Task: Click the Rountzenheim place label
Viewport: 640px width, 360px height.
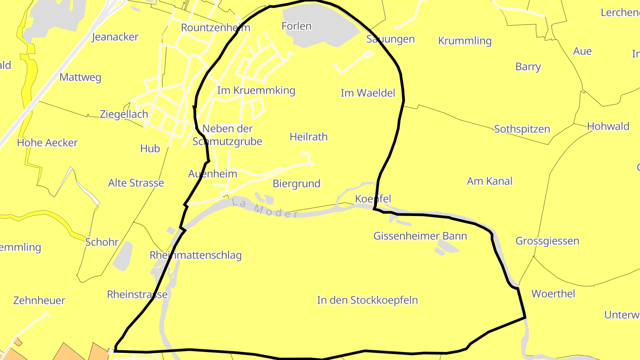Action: [216, 28]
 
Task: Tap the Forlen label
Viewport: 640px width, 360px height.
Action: [296, 26]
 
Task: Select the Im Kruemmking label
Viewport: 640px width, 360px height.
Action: [256, 91]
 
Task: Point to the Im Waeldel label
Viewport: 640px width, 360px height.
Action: [368, 93]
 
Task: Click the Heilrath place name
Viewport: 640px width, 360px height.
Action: [308, 137]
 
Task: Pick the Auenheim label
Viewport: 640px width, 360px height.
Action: [212, 174]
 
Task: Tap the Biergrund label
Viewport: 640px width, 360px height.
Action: [296, 184]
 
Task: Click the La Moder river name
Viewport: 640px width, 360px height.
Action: [265, 208]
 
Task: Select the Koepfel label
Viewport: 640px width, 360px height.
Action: [373, 199]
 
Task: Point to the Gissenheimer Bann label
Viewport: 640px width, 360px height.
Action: [420, 236]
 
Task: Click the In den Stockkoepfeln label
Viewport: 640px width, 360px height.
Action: [367, 300]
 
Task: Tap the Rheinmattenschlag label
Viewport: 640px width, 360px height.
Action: [196, 256]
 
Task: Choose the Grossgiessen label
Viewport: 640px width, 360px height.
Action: [547, 241]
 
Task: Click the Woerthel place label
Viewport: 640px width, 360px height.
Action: [553, 294]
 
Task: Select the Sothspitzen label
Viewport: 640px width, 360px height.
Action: [522, 129]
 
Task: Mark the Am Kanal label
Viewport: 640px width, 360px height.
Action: [489, 181]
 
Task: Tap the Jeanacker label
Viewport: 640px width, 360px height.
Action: [115, 37]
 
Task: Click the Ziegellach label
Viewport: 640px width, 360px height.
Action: [124, 114]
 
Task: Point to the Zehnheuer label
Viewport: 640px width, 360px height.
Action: [39, 300]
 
